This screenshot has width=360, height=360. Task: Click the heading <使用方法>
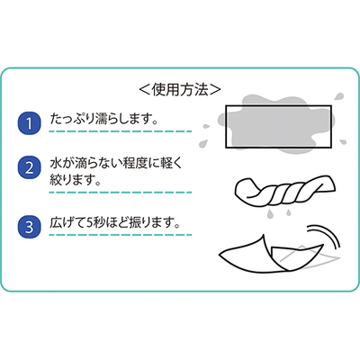coord(180,89)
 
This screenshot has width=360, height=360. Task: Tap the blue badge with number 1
coord(29,123)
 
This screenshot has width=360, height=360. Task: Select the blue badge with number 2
coord(29,167)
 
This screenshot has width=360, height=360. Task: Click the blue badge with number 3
coord(29,227)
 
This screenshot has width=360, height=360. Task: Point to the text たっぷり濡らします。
coord(104,119)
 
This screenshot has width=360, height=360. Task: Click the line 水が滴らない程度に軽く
coord(116,164)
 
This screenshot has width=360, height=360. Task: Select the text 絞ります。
coord(75,180)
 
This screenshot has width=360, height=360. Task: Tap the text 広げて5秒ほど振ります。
coord(115,223)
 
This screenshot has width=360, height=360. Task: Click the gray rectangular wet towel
coord(278,126)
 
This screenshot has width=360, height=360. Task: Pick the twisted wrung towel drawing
coord(284,191)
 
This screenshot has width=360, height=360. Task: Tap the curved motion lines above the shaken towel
coord(324,235)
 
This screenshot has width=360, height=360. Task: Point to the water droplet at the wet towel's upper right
coord(339,97)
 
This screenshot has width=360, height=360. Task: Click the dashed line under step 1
coord(121,131)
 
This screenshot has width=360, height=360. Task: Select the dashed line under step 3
coord(121,235)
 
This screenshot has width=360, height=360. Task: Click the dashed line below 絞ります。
coord(121,193)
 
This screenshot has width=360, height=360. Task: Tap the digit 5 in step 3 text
coord(90,223)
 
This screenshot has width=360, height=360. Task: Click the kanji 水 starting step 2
coord(56,164)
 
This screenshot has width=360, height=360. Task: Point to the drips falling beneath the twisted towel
coord(279,213)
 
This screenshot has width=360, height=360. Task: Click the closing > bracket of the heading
coord(215,89)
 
